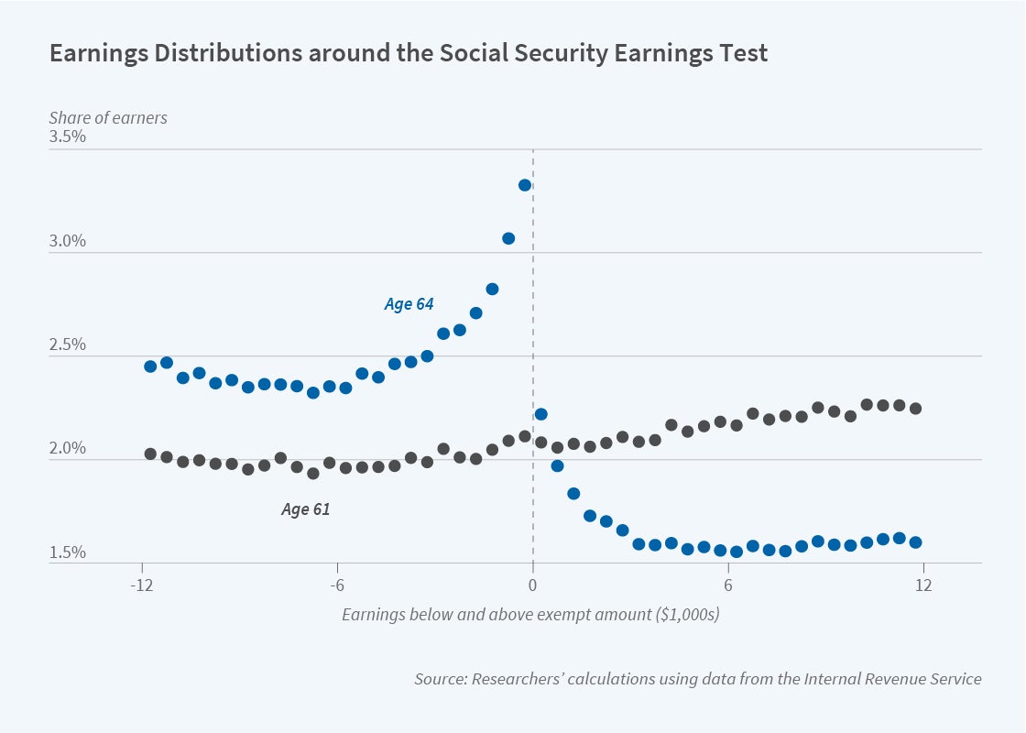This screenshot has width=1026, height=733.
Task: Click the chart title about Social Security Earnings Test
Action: point(409,53)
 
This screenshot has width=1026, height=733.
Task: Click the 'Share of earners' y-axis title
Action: point(108,117)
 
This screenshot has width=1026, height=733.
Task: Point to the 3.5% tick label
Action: point(67,137)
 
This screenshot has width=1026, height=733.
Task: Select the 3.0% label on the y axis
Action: point(67,242)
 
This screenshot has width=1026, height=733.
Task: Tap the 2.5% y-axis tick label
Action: point(67,345)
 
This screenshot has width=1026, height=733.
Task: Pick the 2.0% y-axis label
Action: point(67,449)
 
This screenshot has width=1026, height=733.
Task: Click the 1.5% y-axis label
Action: point(67,552)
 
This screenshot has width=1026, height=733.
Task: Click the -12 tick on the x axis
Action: point(141,586)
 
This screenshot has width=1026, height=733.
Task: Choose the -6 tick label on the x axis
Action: point(336,586)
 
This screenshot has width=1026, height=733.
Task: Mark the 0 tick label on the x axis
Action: point(532,586)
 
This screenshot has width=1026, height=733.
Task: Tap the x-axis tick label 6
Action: point(728,586)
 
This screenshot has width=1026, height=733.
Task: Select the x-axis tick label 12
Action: point(922,586)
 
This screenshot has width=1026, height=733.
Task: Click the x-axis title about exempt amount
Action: point(530,615)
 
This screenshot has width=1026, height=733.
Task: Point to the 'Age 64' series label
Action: point(409,304)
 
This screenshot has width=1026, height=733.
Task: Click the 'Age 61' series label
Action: point(305,509)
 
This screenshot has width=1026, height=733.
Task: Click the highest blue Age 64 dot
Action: point(525,185)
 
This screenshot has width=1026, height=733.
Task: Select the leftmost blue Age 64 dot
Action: point(150,366)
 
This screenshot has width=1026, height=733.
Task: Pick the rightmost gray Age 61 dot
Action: point(915,409)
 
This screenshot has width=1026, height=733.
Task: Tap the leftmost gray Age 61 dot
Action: point(150,454)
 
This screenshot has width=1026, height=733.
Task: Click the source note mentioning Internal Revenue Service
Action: point(697,679)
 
